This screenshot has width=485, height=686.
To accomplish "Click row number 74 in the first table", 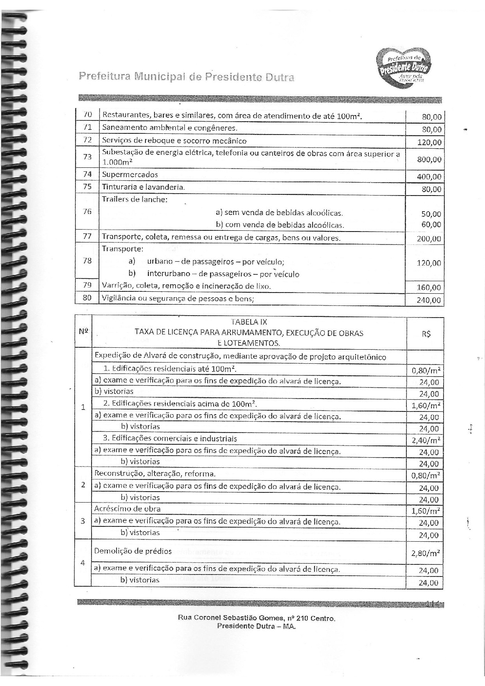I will tap(87, 174).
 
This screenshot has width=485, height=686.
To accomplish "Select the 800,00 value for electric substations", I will tap(429, 160).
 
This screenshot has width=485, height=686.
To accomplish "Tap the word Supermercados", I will tap(130, 174).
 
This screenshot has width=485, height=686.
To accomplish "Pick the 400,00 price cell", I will tap(429, 177).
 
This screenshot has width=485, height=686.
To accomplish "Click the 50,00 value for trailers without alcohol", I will tap(431, 214).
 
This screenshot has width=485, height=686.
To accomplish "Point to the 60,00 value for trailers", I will tap(431, 224).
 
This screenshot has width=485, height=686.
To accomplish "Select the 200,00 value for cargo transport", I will tap(429, 239).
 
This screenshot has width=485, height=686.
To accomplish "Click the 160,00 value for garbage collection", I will tap(429, 288).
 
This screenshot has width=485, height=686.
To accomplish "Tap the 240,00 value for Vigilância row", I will tap(429, 300).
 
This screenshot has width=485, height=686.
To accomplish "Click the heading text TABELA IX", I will tap(249, 322).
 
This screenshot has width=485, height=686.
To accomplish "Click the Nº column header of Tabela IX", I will tap(83, 331).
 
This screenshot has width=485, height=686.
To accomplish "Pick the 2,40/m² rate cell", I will tap(426, 440).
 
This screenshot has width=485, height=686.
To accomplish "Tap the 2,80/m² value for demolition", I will tap(426, 553).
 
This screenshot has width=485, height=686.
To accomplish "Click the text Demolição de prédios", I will tap(133, 551).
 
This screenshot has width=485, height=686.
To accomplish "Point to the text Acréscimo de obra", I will tap(128, 509).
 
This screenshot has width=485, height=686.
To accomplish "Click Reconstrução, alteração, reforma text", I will tap(155, 474).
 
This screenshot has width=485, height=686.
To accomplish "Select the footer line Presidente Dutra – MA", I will tap(256, 626).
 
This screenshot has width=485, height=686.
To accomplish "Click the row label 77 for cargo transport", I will tap(87, 236).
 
